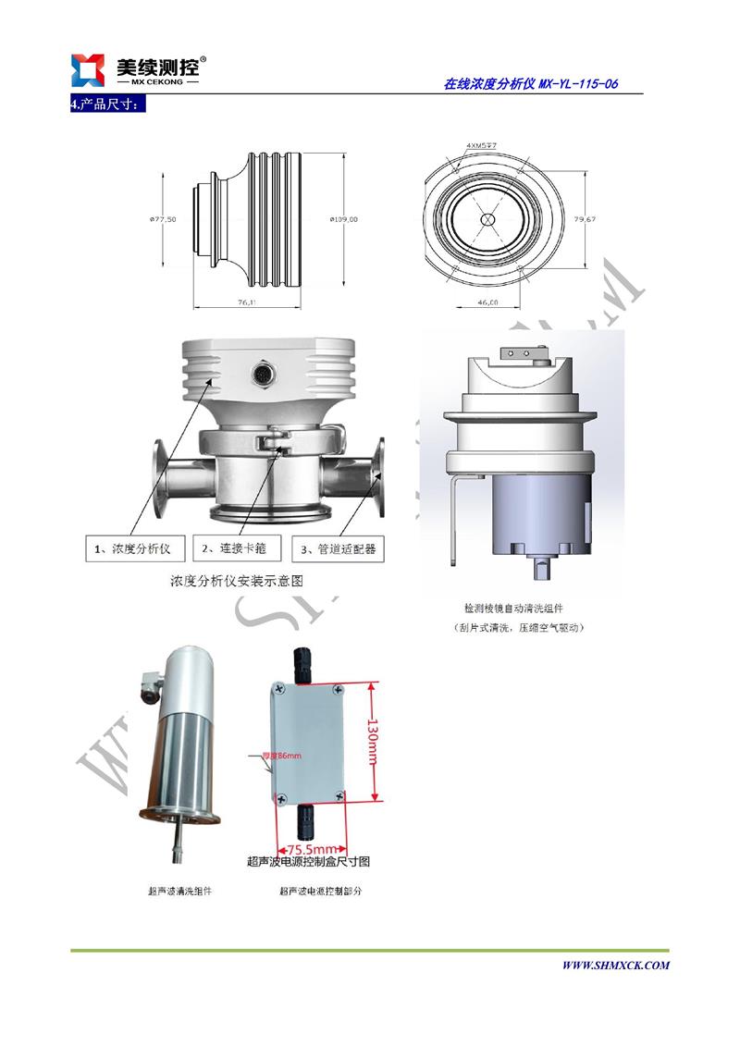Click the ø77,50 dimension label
click(163, 219)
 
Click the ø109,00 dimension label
click(343, 219)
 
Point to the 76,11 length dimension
click(246, 302)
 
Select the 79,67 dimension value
click(584, 219)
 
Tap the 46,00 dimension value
click(487, 302)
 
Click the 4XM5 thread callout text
click(482, 145)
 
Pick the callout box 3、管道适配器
click(339, 548)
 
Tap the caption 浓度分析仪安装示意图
click(237, 582)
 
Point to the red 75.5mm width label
click(311, 848)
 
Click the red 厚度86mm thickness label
click(284, 757)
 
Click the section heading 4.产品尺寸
click(108, 105)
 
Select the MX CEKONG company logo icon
click(90, 69)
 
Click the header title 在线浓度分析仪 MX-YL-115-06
click(531, 84)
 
